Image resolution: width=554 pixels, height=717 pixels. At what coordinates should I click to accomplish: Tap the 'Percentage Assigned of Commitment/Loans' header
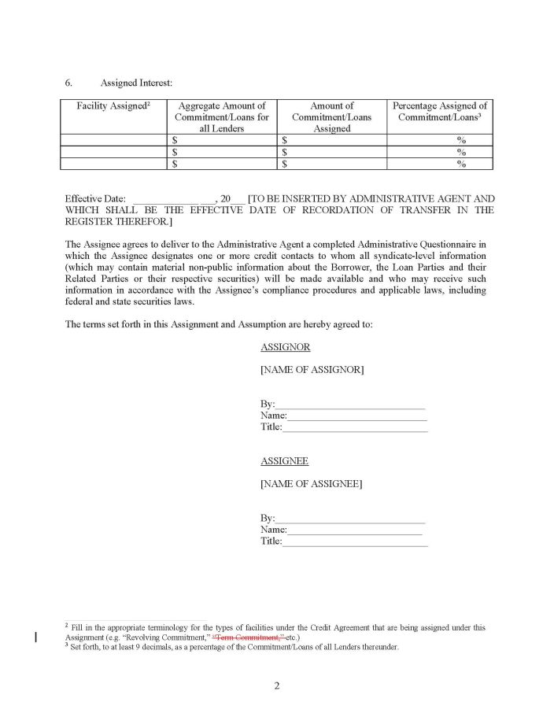[440, 111]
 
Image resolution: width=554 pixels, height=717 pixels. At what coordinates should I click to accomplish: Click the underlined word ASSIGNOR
[285, 347]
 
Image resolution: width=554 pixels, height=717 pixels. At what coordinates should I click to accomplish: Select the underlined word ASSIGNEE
[284, 461]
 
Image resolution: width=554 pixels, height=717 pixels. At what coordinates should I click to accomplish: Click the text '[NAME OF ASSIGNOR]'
[312, 370]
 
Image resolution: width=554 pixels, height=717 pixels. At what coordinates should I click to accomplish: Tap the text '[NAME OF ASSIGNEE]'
[311, 484]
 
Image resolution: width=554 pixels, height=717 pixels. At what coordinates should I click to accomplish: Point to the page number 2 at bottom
[277, 686]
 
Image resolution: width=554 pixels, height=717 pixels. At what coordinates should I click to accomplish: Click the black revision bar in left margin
[35, 637]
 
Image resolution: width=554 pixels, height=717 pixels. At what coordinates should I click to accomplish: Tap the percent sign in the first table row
[461, 140]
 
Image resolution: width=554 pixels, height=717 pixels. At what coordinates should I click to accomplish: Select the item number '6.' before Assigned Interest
[69, 82]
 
